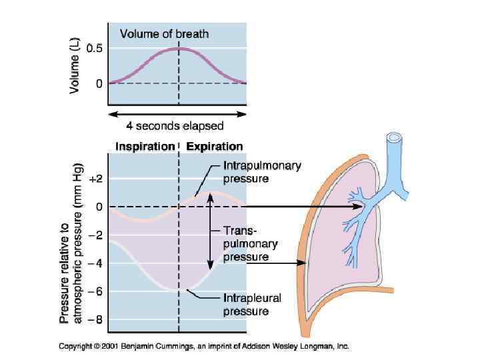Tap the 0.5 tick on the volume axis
click(x=95, y=49)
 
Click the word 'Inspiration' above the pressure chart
click(x=145, y=146)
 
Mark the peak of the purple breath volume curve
click(x=178, y=48)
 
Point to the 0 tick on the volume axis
click(x=99, y=83)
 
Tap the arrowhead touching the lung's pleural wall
click(x=303, y=263)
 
